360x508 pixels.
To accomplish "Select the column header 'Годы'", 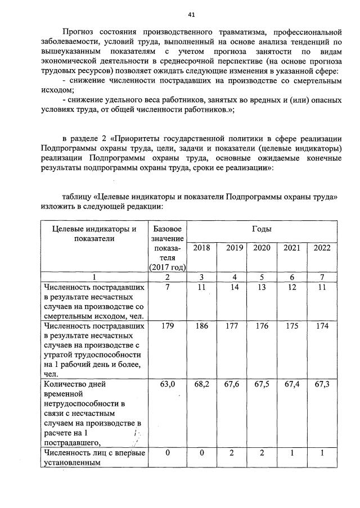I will tap(262, 229).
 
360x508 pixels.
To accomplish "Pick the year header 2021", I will tap(291, 248).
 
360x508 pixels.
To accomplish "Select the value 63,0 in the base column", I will tap(167, 384).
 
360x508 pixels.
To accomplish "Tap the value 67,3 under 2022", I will tap(322, 384).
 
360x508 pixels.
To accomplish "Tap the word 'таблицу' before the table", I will tap(78, 197).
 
